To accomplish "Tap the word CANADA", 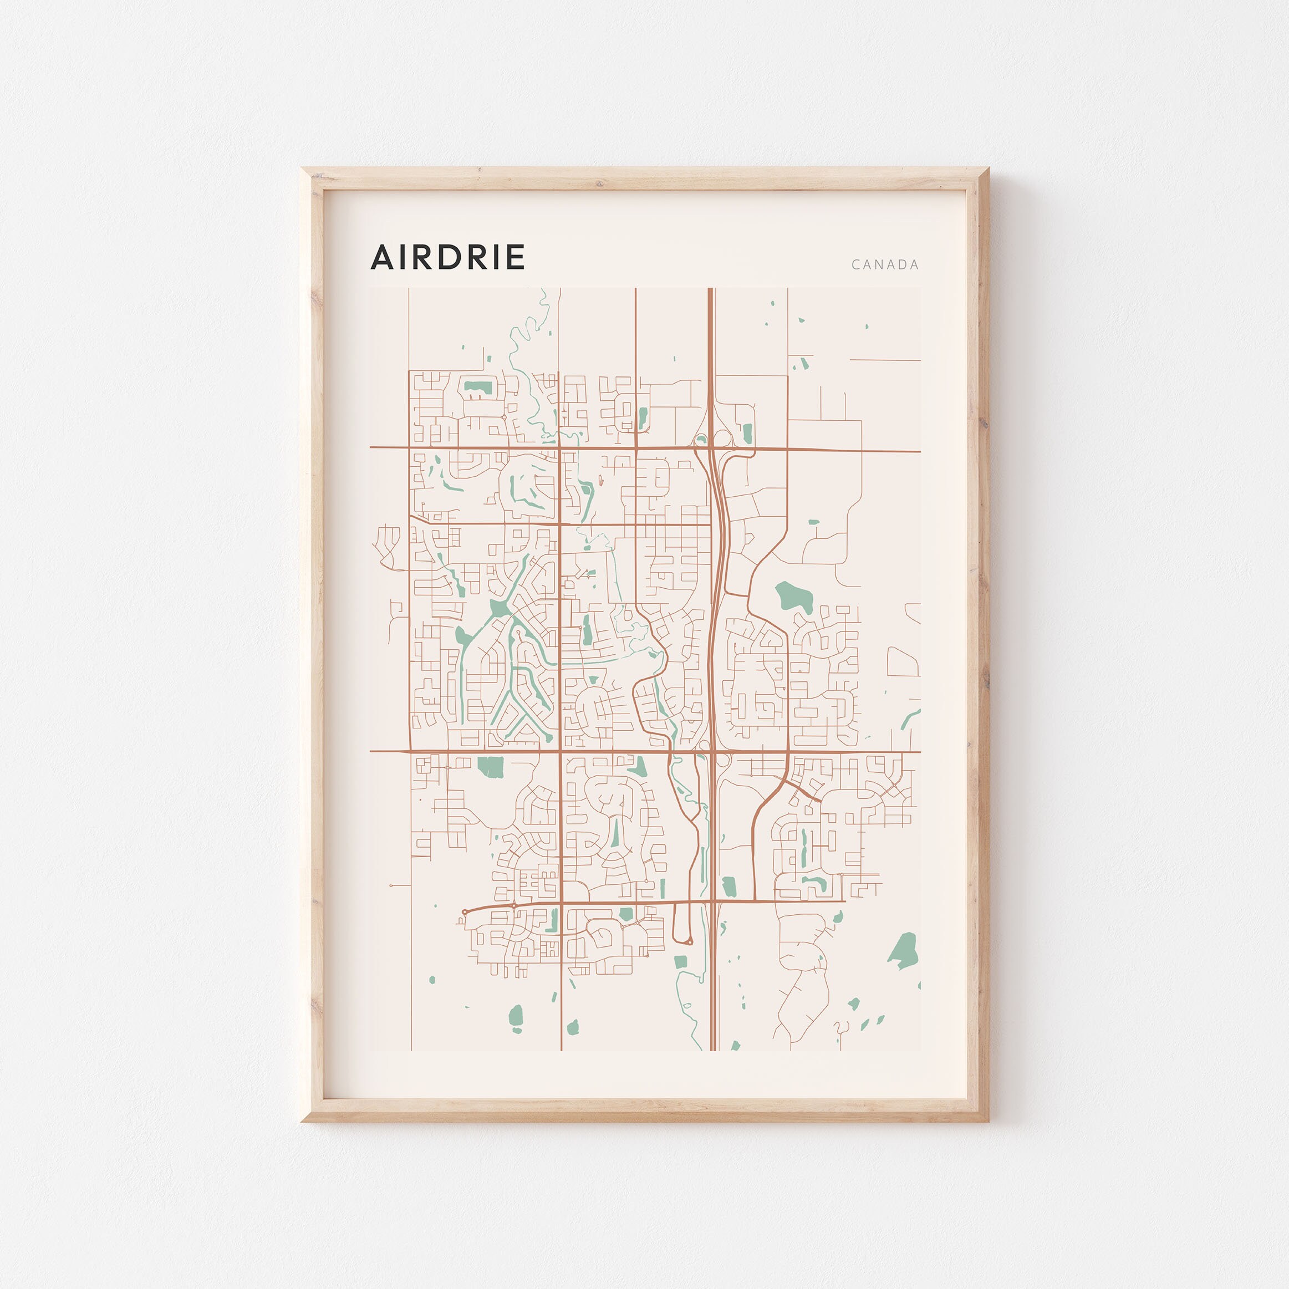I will click(x=885, y=265).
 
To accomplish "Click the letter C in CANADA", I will click(x=855, y=265).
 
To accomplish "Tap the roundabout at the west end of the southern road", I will click(x=465, y=911).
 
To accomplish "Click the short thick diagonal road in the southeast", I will click(x=802, y=791).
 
